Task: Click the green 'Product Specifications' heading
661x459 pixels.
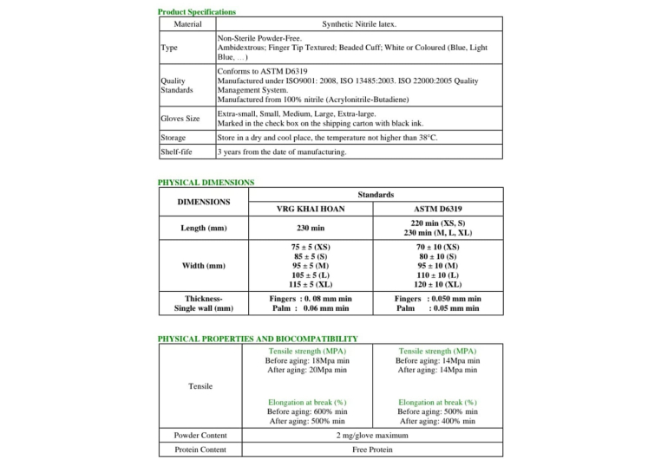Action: pyautogui.click(x=196, y=12)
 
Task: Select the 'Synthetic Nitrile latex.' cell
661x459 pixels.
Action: pyautogui.click(x=359, y=24)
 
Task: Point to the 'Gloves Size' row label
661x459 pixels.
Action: pyautogui.click(x=180, y=119)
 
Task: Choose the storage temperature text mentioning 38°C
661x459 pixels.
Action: pyautogui.click(x=327, y=137)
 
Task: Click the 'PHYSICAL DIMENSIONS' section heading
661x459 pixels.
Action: pyautogui.click(x=206, y=183)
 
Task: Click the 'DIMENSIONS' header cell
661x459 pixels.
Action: pyautogui.click(x=204, y=202)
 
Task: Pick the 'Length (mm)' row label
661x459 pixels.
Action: pyautogui.click(x=204, y=228)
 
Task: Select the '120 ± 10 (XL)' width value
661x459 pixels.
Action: pyautogui.click(x=438, y=284)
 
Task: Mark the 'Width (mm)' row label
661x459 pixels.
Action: pyautogui.click(x=204, y=266)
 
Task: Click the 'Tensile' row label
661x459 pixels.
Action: pyautogui.click(x=200, y=386)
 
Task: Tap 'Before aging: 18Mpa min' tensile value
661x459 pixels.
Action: pyautogui.click(x=308, y=360)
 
